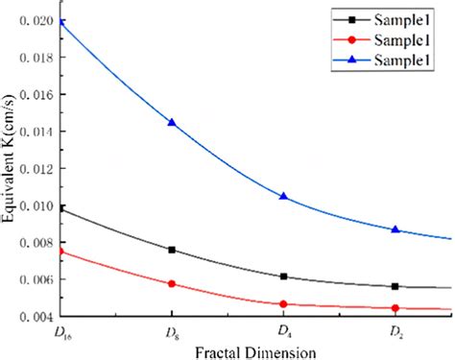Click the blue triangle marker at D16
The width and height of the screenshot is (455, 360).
(x=60, y=21)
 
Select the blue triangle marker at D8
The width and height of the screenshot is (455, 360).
(x=172, y=123)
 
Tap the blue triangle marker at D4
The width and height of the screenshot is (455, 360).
(x=284, y=196)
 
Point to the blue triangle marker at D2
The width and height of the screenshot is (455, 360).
(x=395, y=229)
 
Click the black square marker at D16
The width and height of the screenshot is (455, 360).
(x=60, y=208)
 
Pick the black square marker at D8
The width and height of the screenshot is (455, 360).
(x=172, y=250)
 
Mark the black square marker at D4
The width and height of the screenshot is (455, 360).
(x=284, y=276)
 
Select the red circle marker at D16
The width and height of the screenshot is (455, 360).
(x=60, y=251)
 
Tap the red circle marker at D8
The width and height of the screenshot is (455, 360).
(x=172, y=283)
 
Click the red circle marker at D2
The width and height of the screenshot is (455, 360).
(x=395, y=307)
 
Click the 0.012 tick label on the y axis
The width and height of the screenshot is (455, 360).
(x=37, y=169)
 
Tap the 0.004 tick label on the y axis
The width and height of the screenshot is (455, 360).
(x=37, y=316)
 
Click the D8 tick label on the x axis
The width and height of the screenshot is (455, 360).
(x=172, y=331)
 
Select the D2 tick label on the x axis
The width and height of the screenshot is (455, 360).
(x=395, y=331)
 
